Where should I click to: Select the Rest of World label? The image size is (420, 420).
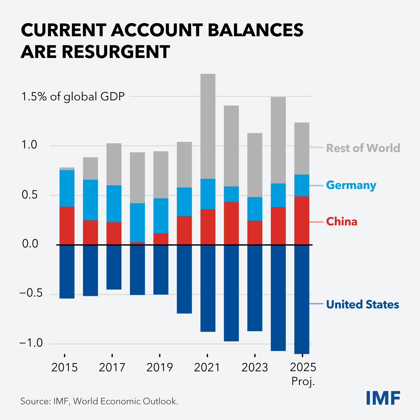coord(363,148)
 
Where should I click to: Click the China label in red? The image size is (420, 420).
coord(341,222)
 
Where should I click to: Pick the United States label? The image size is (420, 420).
coord(362,304)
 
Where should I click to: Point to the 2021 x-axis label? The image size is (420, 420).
coord(207,367)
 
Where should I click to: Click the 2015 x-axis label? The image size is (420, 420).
coord(64,367)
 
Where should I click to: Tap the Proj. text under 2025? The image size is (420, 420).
coord(303,381)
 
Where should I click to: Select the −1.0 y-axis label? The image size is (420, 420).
coord(31,343)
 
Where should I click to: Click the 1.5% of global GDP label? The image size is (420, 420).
coord(73,96)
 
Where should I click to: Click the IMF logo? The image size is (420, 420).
coord(383,398)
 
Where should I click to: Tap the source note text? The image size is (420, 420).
coord(99,401)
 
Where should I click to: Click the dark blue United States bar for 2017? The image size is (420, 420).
coord(114,267)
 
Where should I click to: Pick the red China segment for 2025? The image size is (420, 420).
coord(302,220)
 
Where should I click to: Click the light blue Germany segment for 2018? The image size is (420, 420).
coord(137,223)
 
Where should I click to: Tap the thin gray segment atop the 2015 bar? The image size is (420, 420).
coord(67,169)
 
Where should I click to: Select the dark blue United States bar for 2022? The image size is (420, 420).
coord(231,293)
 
